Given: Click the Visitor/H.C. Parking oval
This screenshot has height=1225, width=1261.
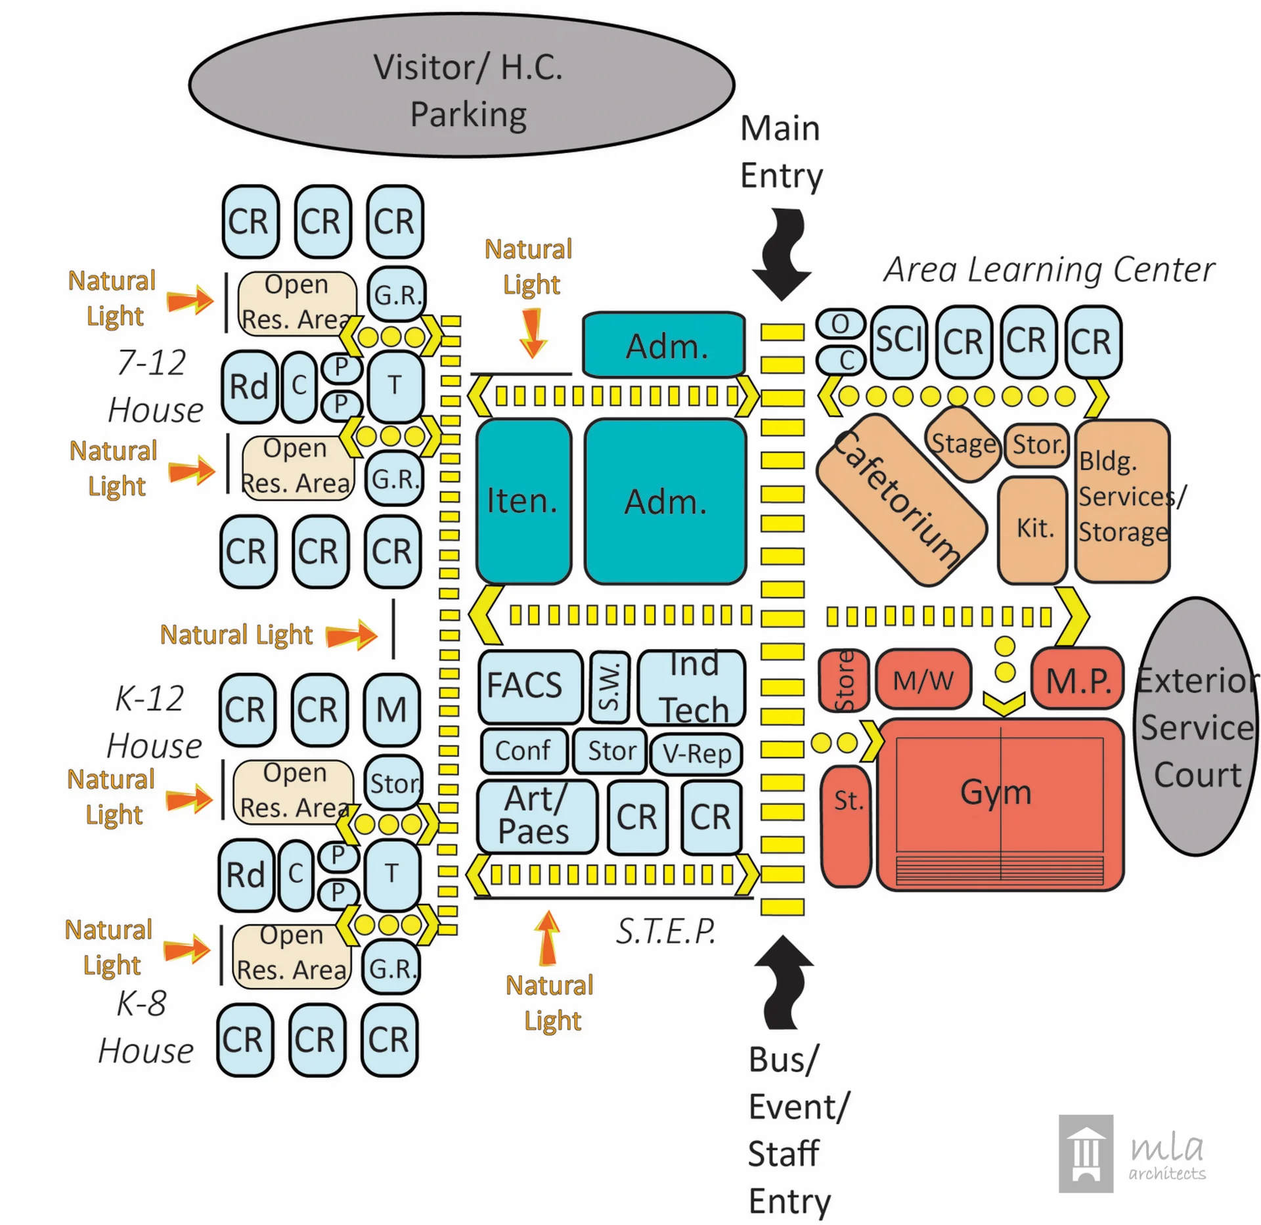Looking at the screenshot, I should coord(462,85).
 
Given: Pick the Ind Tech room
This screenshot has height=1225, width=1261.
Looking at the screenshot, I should coord(692,687).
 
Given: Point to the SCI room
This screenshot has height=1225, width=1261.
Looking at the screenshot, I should coord(898,342).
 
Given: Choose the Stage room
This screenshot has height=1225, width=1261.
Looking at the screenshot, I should coord(963,444).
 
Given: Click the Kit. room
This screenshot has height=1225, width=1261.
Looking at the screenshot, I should coord(1032,529).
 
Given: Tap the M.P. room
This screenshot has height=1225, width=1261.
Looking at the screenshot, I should coord(1077,680).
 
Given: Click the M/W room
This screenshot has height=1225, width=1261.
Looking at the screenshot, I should coord(923,680).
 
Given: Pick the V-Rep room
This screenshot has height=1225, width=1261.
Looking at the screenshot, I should coord(696,753).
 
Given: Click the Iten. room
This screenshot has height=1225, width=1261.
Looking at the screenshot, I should coord(523,501).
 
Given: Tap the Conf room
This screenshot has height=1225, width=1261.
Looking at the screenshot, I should coord(523,751).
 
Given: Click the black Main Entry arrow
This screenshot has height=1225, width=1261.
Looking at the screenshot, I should coord(782,253).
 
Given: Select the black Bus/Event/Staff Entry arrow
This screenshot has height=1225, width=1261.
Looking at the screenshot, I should coord(784,982).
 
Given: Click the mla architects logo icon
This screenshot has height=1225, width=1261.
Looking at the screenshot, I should coord(1086,1153).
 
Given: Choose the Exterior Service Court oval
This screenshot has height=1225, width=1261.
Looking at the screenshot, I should coord(1195,726).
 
